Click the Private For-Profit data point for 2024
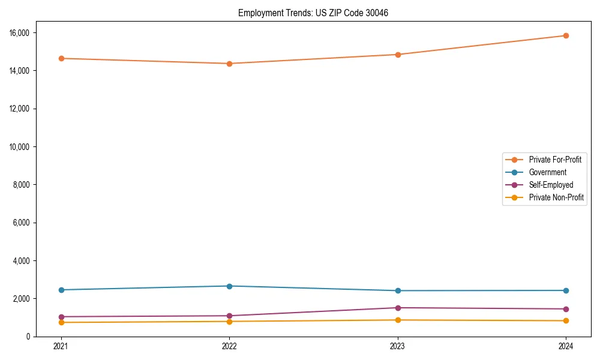point(566,35)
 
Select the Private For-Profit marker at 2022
point(229,64)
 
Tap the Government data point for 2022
point(229,286)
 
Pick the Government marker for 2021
point(61,290)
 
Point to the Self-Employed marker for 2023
point(398,308)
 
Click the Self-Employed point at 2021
point(61,317)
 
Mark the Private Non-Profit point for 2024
point(566,320)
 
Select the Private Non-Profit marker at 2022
point(229,322)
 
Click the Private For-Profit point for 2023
point(398,55)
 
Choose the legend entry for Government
point(547,172)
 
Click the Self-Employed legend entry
point(551,185)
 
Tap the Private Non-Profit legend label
point(556,197)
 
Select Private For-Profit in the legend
point(554,160)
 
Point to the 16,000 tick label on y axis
point(21,32)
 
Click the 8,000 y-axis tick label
point(23,185)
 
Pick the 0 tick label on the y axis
point(28,337)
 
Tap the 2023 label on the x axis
point(398,346)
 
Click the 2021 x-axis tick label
point(61,346)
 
